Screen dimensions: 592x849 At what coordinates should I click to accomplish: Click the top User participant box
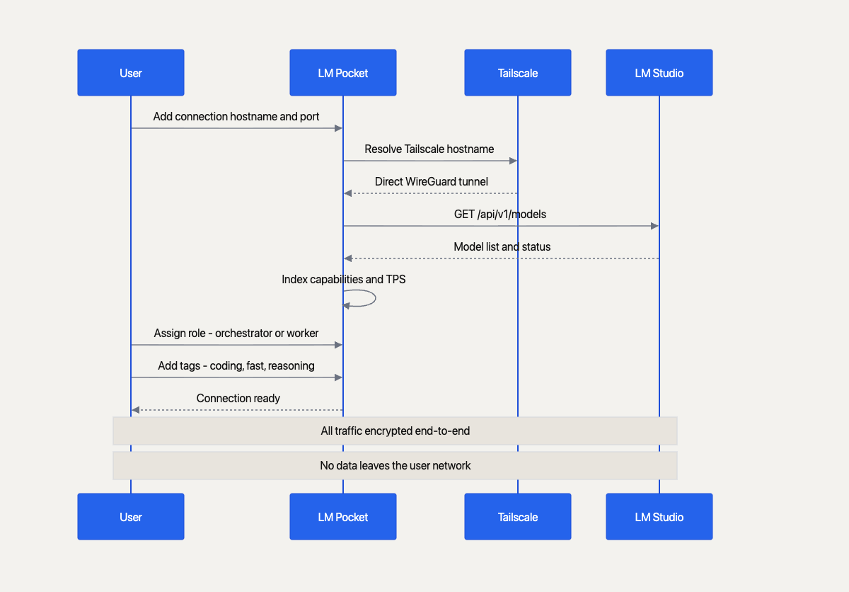pos(131,72)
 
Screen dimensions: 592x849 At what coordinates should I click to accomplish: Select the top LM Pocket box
pos(343,72)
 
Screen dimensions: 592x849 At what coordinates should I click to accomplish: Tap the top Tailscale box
pos(518,72)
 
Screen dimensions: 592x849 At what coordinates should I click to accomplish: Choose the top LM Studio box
pos(659,72)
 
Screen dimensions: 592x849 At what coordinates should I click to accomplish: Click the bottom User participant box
pos(131,516)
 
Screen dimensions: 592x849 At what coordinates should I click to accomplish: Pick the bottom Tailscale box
pos(518,516)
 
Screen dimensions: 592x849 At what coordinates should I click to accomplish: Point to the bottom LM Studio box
pos(659,516)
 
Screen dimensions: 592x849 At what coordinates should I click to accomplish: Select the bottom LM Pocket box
pos(343,516)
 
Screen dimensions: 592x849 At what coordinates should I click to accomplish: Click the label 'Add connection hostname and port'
pos(236,116)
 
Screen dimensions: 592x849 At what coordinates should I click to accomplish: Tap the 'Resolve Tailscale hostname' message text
pos(429,149)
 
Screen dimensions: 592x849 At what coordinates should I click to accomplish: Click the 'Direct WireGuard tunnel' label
pos(432,181)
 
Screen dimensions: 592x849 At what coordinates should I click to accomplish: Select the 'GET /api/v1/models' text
pos(500,214)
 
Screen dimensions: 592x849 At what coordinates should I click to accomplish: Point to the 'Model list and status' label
pos(502,246)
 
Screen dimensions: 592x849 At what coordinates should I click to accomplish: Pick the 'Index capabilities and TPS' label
pos(344,279)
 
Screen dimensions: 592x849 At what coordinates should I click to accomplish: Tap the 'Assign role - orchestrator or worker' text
pos(236,333)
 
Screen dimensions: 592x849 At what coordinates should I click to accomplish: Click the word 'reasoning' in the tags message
pos(291,365)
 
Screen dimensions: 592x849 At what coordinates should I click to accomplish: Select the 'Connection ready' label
pos(238,398)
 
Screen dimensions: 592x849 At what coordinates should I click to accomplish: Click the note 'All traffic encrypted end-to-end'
pos(395,431)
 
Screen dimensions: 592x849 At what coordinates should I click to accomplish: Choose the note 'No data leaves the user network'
pos(395,465)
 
